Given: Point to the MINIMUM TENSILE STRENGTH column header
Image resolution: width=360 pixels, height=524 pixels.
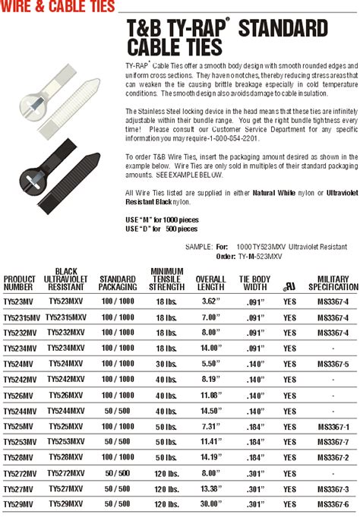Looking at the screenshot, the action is pos(167,279).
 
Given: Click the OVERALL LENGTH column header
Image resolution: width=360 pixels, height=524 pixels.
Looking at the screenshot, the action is pos(211,283).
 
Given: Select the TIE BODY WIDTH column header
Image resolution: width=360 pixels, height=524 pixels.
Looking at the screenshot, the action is pos(255,283).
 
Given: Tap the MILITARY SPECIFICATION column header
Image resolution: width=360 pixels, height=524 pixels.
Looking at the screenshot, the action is pos(333,283).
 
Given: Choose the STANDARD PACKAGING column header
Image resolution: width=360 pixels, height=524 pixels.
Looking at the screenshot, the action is pos(118,283).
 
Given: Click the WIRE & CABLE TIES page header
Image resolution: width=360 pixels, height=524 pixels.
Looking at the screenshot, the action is pos(58,7).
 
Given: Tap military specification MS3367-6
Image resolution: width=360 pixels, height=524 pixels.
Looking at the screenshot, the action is pos(333,504).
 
